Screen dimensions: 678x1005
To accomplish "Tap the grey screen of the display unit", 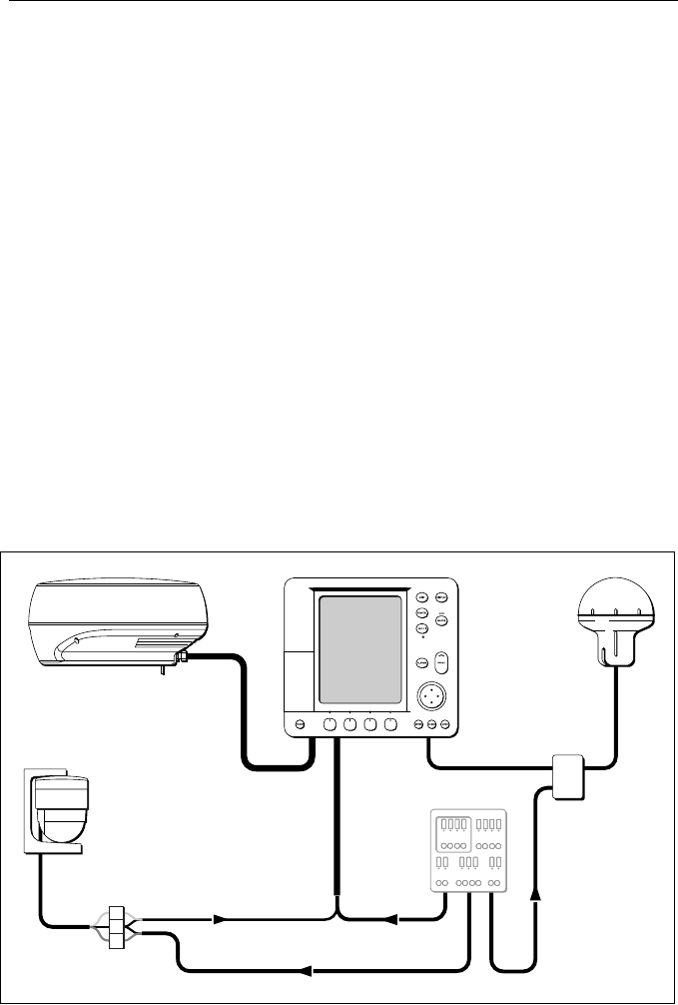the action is (359, 649).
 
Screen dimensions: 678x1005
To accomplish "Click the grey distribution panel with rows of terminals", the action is (469, 848).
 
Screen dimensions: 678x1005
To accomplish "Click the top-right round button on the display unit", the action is (442, 596).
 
